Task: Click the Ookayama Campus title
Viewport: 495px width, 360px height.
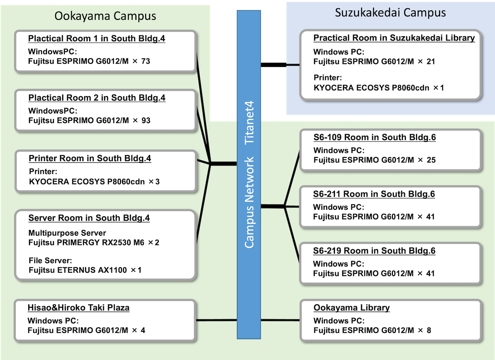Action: pos(105,16)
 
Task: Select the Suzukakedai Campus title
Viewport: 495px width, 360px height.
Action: pos(390,12)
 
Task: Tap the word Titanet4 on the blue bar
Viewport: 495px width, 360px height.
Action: pos(249,123)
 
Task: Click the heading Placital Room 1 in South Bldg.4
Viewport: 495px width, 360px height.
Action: pos(96,39)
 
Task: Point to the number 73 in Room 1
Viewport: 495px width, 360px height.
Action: pos(146,61)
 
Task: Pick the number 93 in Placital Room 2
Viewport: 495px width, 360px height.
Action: pos(146,121)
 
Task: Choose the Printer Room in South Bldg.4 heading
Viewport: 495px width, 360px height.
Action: pos(90,158)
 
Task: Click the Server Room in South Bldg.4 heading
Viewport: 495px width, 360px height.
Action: pos(89,218)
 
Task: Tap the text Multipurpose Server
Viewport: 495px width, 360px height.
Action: pos(67,233)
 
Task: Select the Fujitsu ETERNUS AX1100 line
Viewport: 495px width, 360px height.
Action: pos(85,270)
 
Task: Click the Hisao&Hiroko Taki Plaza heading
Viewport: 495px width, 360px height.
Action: pos(78,308)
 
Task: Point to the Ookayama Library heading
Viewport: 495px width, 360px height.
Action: pos(352,308)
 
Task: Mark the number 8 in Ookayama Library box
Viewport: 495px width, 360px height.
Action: pos(429,330)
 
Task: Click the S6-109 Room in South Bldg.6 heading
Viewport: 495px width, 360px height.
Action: pos(375,137)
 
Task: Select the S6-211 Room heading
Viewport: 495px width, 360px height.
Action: pos(374,194)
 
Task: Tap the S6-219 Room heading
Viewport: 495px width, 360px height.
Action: pos(374,251)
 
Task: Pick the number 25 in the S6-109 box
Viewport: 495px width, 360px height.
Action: pos(431,160)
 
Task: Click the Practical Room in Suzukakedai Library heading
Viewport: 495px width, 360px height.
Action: pos(394,38)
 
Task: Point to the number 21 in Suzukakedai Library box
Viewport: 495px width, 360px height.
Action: pos(431,61)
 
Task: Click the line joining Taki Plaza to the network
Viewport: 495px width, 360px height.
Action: pos(216,320)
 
